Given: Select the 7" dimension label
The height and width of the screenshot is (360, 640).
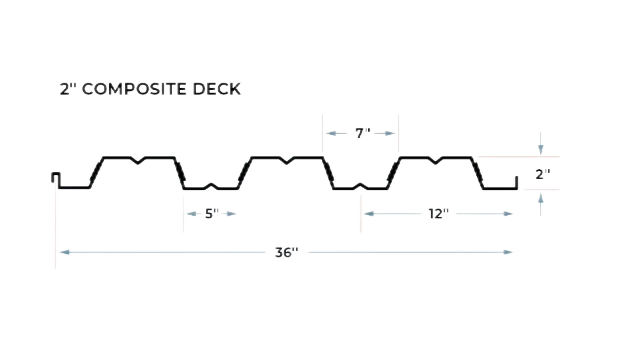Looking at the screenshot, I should [x=362, y=133].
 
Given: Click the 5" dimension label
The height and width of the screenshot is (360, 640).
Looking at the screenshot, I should [x=209, y=213].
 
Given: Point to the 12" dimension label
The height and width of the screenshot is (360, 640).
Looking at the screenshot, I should [x=438, y=213].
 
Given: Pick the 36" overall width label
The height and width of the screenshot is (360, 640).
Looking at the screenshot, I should [x=285, y=252].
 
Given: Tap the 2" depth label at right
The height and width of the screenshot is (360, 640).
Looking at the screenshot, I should [x=542, y=174].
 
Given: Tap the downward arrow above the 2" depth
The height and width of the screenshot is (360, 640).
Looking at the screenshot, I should [x=541, y=148].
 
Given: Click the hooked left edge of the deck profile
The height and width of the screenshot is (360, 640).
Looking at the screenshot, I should [x=55, y=176].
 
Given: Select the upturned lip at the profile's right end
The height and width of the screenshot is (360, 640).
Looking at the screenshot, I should [x=517, y=181].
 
